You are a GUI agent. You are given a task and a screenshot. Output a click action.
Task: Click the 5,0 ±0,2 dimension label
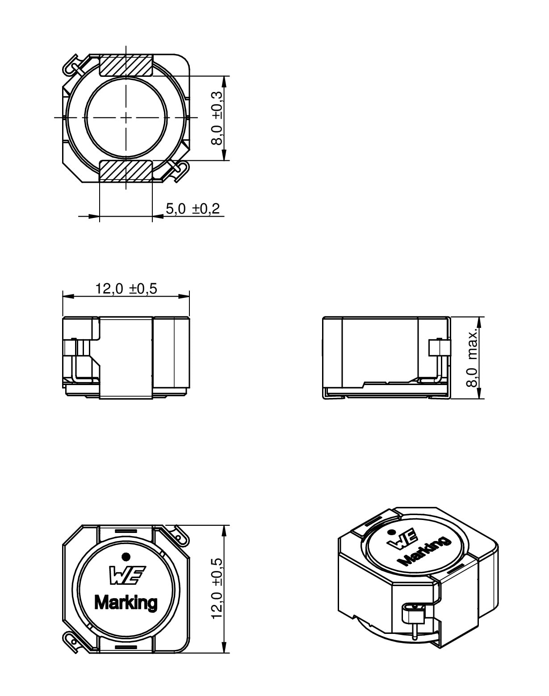click(x=193, y=209)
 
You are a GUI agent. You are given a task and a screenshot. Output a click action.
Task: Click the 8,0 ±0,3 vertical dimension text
click(x=217, y=118)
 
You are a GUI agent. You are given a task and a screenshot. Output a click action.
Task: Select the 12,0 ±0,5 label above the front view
click(x=126, y=289)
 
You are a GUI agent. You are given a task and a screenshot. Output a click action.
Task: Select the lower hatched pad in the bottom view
click(x=126, y=171)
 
